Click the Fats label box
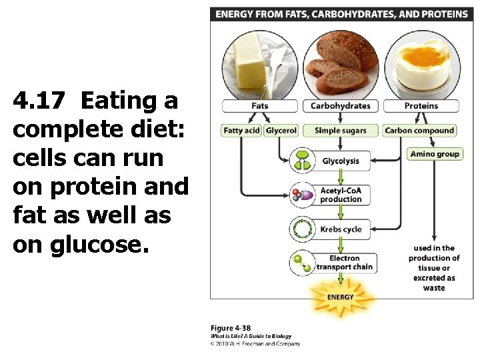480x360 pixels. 260,106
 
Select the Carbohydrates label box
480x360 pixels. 340,106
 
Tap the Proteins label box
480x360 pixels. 421,106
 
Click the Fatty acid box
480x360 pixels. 242,131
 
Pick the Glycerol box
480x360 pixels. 281,131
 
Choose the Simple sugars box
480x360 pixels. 340,131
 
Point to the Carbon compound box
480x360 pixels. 420,131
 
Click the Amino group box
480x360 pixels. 435,154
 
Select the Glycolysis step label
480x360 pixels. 341,161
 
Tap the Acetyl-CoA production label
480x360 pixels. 341,195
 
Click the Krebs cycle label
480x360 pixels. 341,229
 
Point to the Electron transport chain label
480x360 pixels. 344,263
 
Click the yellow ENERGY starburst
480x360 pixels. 340,297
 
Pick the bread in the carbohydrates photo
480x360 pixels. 340,63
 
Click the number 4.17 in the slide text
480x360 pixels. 39,101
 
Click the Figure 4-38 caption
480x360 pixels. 231,328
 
